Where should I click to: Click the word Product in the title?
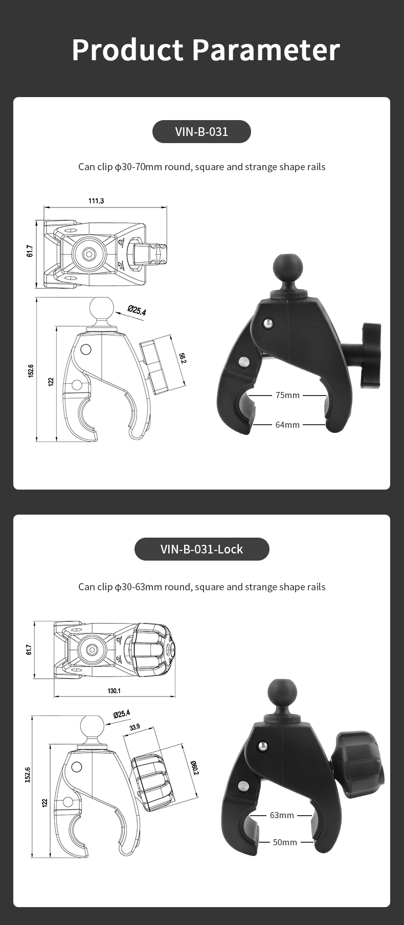pyautogui.click(x=127, y=50)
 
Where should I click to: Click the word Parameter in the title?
pyautogui.click(x=266, y=50)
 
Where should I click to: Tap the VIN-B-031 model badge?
pyautogui.click(x=201, y=132)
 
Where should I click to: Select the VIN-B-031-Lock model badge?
pyautogui.click(x=201, y=549)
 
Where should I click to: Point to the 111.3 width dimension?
pyautogui.click(x=96, y=201)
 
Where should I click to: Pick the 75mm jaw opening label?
pyautogui.click(x=287, y=395)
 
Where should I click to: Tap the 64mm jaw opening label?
pyautogui.click(x=287, y=425)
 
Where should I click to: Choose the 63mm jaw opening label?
pyautogui.click(x=282, y=815)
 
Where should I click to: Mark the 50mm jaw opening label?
pyautogui.click(x=285, y=842)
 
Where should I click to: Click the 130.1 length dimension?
pyautogui.click(x=114, y=691)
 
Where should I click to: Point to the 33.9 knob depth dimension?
pyautogui.click(x=135, y=727)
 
